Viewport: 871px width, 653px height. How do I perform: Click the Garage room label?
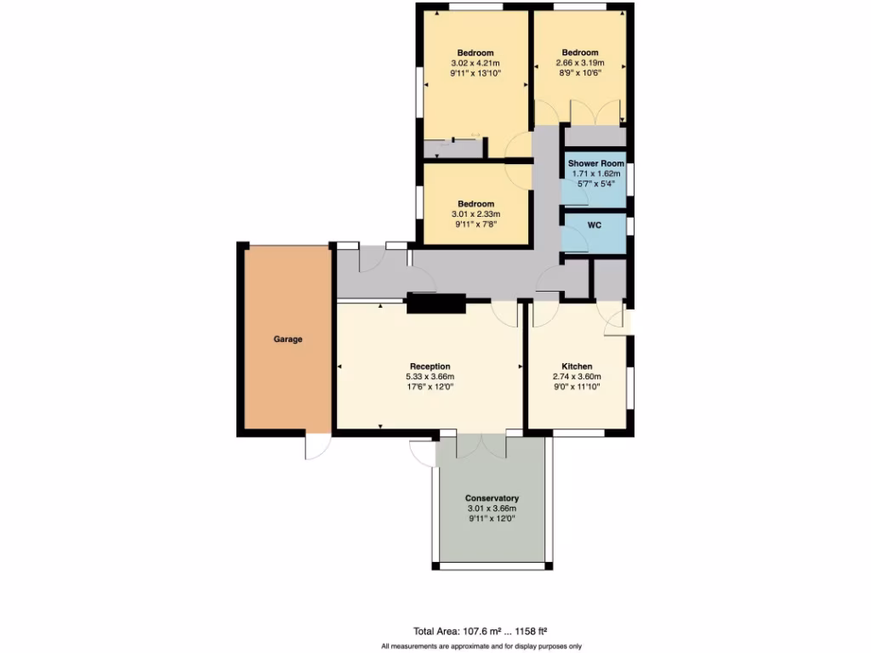pos(287,339)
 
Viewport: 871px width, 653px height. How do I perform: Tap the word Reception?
pos(430,366)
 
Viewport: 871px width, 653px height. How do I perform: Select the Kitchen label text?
pos(576,366)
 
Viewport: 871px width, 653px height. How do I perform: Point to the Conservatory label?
pos(492,498)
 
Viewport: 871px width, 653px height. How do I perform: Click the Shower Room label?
pos(595,163)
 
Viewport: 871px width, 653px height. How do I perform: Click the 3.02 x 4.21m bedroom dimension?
pos(475,64)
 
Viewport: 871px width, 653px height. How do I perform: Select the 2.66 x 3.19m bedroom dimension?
pos(580,64)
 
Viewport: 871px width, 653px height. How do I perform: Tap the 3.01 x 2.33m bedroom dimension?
pos(475,214)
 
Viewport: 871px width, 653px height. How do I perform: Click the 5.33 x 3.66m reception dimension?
pos(430,377)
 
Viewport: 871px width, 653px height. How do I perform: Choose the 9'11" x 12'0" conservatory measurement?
pos(492,519)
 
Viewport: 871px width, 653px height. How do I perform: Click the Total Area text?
pos(479,631)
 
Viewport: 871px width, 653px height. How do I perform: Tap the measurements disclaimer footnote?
pos(481,646)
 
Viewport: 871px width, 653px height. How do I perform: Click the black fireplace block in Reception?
pos(436,304)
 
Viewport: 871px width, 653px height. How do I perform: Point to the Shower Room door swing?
pos(577,196)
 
